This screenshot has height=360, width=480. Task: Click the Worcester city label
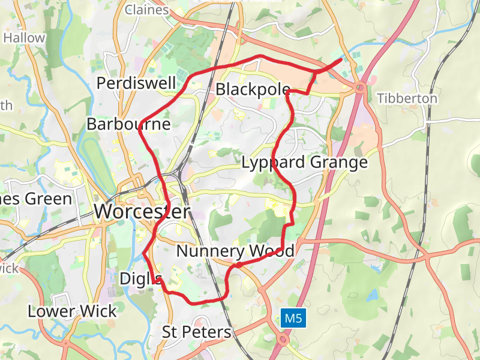tap(142, 212)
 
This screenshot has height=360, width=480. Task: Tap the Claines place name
tap(146, 9)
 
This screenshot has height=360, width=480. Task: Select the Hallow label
tap(24, 38)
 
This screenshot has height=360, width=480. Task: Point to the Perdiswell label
tap(136, 83)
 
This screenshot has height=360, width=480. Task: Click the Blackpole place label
tap(253, 89)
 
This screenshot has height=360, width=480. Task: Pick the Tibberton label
tap(407, 98)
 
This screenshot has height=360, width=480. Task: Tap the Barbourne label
tap(128, 124)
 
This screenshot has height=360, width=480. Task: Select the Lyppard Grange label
tap(304, 163)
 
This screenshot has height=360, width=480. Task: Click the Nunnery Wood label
tap(235, 251)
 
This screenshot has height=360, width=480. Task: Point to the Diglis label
tap(141, 279)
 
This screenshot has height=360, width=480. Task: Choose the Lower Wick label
tap(72, 311)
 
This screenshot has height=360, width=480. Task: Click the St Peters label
tap(196, 332)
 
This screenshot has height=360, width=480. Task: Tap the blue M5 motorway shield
tap(293, 319)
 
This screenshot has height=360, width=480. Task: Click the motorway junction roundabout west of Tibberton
tap(360, 88)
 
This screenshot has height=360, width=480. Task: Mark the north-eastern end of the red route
tap(341, 59)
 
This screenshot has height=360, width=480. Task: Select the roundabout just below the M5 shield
tap(283, 340)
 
